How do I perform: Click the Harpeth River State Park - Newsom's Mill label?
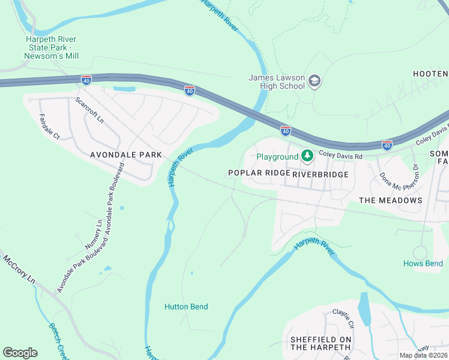(51, 47)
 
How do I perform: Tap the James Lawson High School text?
(277, 81)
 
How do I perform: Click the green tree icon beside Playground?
(307, 157)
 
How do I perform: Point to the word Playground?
(277, 157)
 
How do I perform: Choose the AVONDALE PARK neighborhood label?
(125, 155)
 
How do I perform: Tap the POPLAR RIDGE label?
(259, 173)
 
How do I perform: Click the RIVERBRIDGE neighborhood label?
(321, 174)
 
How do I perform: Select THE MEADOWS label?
(390, 200)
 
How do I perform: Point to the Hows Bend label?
(423, 263)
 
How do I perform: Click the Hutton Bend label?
(186, 307)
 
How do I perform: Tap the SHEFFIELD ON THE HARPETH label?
(321, 344)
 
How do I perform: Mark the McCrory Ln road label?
(20, 269)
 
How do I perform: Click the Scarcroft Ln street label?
(89, 111)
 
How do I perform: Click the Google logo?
(20, 352)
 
